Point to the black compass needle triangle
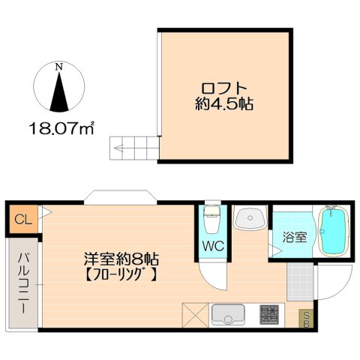click(x=58, y=91)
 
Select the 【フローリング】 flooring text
click(x=120, y=274)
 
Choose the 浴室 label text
click(x=294, y=238)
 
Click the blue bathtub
click(x=330, y=230)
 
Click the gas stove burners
click(x=270, y=313)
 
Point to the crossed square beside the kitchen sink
click(x=194, y=313)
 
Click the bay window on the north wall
click(x=120, y=196)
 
